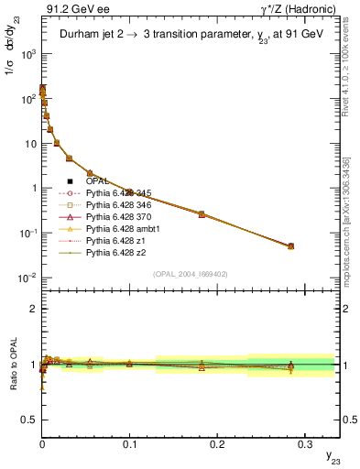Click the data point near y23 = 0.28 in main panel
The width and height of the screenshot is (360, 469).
(290, 246)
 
